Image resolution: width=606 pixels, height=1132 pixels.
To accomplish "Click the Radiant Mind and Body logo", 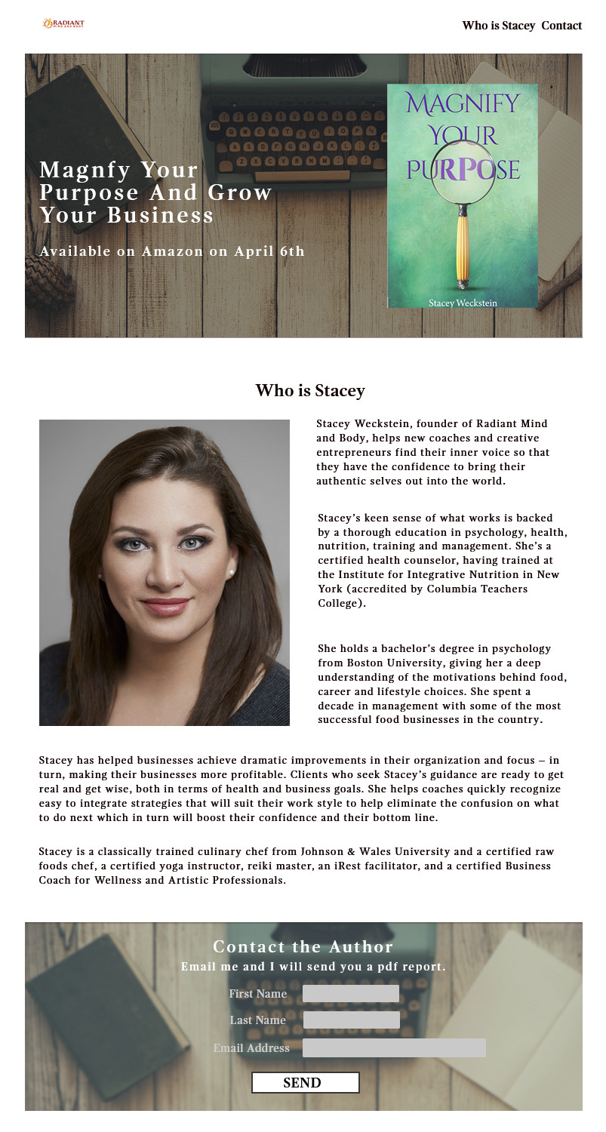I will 63,24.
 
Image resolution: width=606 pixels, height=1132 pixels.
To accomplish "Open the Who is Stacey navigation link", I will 498,26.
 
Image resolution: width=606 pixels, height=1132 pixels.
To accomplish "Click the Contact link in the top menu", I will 561,26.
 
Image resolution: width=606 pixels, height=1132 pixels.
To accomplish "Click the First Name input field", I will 351,993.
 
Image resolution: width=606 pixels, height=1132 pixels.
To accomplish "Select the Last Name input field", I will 351,1020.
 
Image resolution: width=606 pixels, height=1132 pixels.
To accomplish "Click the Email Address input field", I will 394,1047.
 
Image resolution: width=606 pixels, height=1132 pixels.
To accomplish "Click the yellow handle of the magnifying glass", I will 463,249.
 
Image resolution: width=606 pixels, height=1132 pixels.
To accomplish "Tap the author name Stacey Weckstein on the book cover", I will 463,303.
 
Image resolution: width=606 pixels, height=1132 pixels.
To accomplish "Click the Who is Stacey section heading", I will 309,391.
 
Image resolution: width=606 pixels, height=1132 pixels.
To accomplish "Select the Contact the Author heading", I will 303,946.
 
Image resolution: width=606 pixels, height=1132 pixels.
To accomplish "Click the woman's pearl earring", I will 231,574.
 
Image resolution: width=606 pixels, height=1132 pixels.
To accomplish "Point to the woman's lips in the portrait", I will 165,605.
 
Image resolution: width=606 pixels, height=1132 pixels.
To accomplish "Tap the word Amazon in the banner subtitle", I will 173,251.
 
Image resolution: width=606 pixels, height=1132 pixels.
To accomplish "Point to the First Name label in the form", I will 258,994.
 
